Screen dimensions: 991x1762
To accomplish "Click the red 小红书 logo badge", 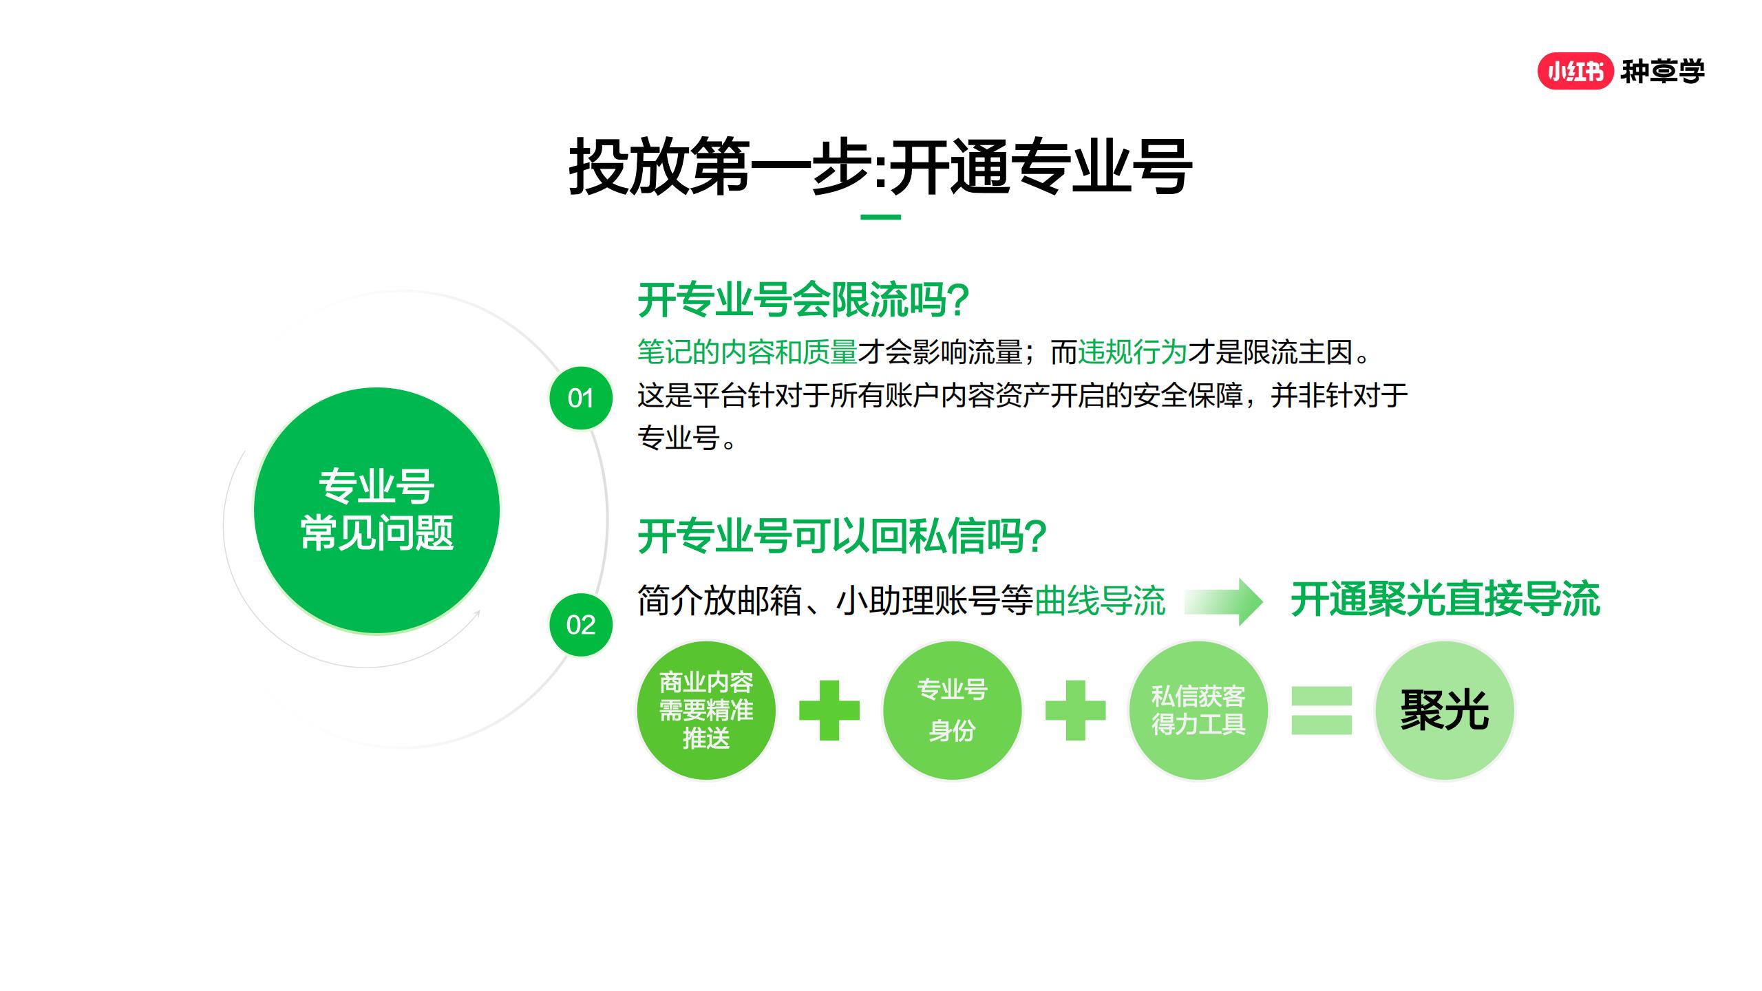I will tap(1575, 72).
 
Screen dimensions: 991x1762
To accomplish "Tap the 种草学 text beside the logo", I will tap(1662, 72).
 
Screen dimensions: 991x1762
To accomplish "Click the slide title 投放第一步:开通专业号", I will tap(880, 167).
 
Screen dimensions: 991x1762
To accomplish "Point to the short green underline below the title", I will tap(880, 217).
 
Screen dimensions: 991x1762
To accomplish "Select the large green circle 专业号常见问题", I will tap(376, 510).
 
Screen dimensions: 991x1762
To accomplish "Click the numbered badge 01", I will tap(580, 398).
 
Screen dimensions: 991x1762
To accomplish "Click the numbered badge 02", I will tap(580, 625).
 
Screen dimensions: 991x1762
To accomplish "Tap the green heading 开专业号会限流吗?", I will tap(803, 300).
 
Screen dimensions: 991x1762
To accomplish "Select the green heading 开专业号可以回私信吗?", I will tap(842, 536).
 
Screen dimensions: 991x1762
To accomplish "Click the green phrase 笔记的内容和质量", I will tap(747, 352).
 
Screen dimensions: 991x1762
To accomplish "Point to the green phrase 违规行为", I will tap(1132, 352).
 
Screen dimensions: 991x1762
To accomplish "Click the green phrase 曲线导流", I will tap(1099, 601).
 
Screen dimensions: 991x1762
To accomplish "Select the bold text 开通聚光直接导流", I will tap(1445, 599).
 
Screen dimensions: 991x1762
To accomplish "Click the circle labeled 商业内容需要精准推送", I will tap(706, 710).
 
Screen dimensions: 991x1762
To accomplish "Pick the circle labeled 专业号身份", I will tap(952, 710).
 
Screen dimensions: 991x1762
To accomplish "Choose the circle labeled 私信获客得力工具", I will tap(1198, 710).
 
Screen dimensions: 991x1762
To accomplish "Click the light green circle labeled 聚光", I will tap(1444, 710).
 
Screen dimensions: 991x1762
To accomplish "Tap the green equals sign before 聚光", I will tap(1321, 710).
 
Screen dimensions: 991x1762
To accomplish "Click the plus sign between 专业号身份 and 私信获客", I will tap(1075, 710).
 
